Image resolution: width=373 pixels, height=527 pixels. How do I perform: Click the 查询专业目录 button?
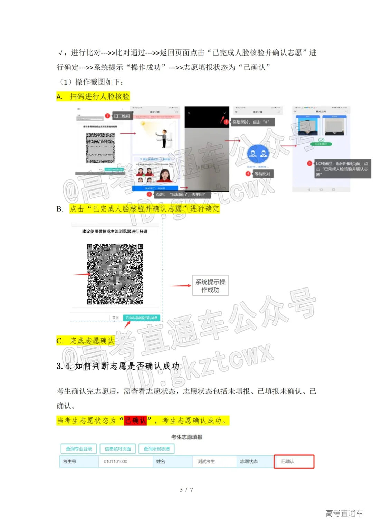tap(79, 449)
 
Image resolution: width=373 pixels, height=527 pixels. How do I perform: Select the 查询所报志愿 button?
tap(157, 449)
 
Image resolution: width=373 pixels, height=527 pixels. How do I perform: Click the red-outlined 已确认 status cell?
tap(294, 461)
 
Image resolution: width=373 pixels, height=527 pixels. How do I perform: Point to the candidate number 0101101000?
tap(116, 461)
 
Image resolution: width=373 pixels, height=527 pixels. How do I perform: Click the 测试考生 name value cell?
tap(206, 461)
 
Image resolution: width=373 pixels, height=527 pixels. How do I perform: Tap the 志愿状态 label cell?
tap(249, 461)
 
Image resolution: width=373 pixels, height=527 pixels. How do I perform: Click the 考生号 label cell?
tap(70, 461)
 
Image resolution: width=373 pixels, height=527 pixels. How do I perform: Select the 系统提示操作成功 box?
tap(210, 286)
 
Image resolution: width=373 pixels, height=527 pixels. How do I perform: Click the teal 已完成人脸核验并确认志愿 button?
tap(142, 318)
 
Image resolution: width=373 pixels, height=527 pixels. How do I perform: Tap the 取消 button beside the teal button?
tap(115, 318)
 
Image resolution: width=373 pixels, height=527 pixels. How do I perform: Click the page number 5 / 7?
tap(186, 490)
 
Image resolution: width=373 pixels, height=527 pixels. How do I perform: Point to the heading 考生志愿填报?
tap(187, 437)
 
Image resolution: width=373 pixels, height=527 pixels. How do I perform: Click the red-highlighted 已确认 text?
tap(135, 420)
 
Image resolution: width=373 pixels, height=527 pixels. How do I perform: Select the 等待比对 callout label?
tap(262, 174)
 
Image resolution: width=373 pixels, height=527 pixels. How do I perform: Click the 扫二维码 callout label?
tap(122, 116)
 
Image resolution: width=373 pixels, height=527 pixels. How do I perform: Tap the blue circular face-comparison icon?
tap(258, 154)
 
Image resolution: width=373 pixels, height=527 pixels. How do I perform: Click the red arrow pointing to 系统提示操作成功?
tap(181, 286)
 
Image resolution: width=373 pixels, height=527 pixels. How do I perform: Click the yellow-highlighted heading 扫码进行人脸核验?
tap(99, 96)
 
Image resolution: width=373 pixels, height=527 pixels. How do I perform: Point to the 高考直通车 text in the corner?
tap(344, 513)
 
